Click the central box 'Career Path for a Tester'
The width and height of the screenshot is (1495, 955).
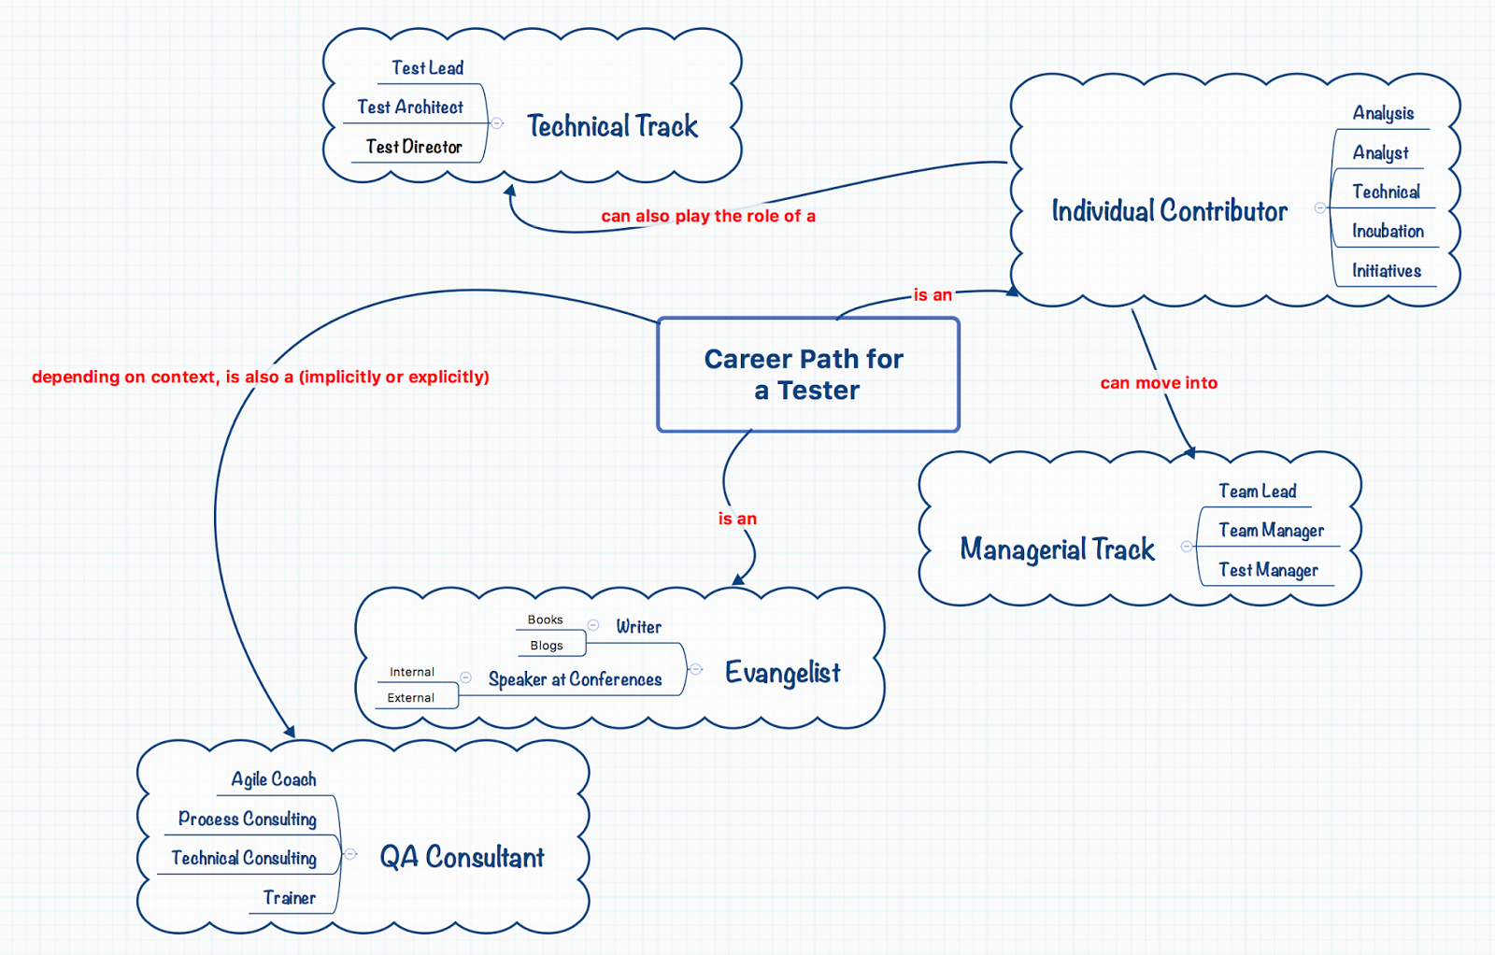(808, 375)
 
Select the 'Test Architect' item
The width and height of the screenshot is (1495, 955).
(410, 107)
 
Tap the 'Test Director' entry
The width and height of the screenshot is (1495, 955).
(414, 147)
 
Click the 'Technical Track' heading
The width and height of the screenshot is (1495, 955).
(612, 125)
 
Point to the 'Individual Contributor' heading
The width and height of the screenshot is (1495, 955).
(1169, 211)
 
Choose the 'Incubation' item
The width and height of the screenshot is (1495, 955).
(1388, 231)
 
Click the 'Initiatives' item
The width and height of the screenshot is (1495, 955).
(1387, 270)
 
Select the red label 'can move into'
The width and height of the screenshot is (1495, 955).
(1159, 382)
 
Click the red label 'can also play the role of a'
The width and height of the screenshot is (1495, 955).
(708, 216)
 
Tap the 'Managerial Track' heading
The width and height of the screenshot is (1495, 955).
(1057, 549)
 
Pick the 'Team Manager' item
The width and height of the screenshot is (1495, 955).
(1271, 530)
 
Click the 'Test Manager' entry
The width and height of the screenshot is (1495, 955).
(1268, 570)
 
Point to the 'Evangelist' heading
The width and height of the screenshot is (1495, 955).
(782, 673)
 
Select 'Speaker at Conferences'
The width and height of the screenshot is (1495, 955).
(575, 679)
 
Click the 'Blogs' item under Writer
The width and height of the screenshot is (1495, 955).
(547, 646)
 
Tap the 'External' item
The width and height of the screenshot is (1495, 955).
(410, 697)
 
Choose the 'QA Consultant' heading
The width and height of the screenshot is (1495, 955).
(462, 857)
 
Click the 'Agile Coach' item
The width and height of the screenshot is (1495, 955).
(274, 779)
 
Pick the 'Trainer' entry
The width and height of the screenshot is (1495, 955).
(289, 898)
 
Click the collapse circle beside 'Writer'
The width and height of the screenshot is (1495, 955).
(593, 624)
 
